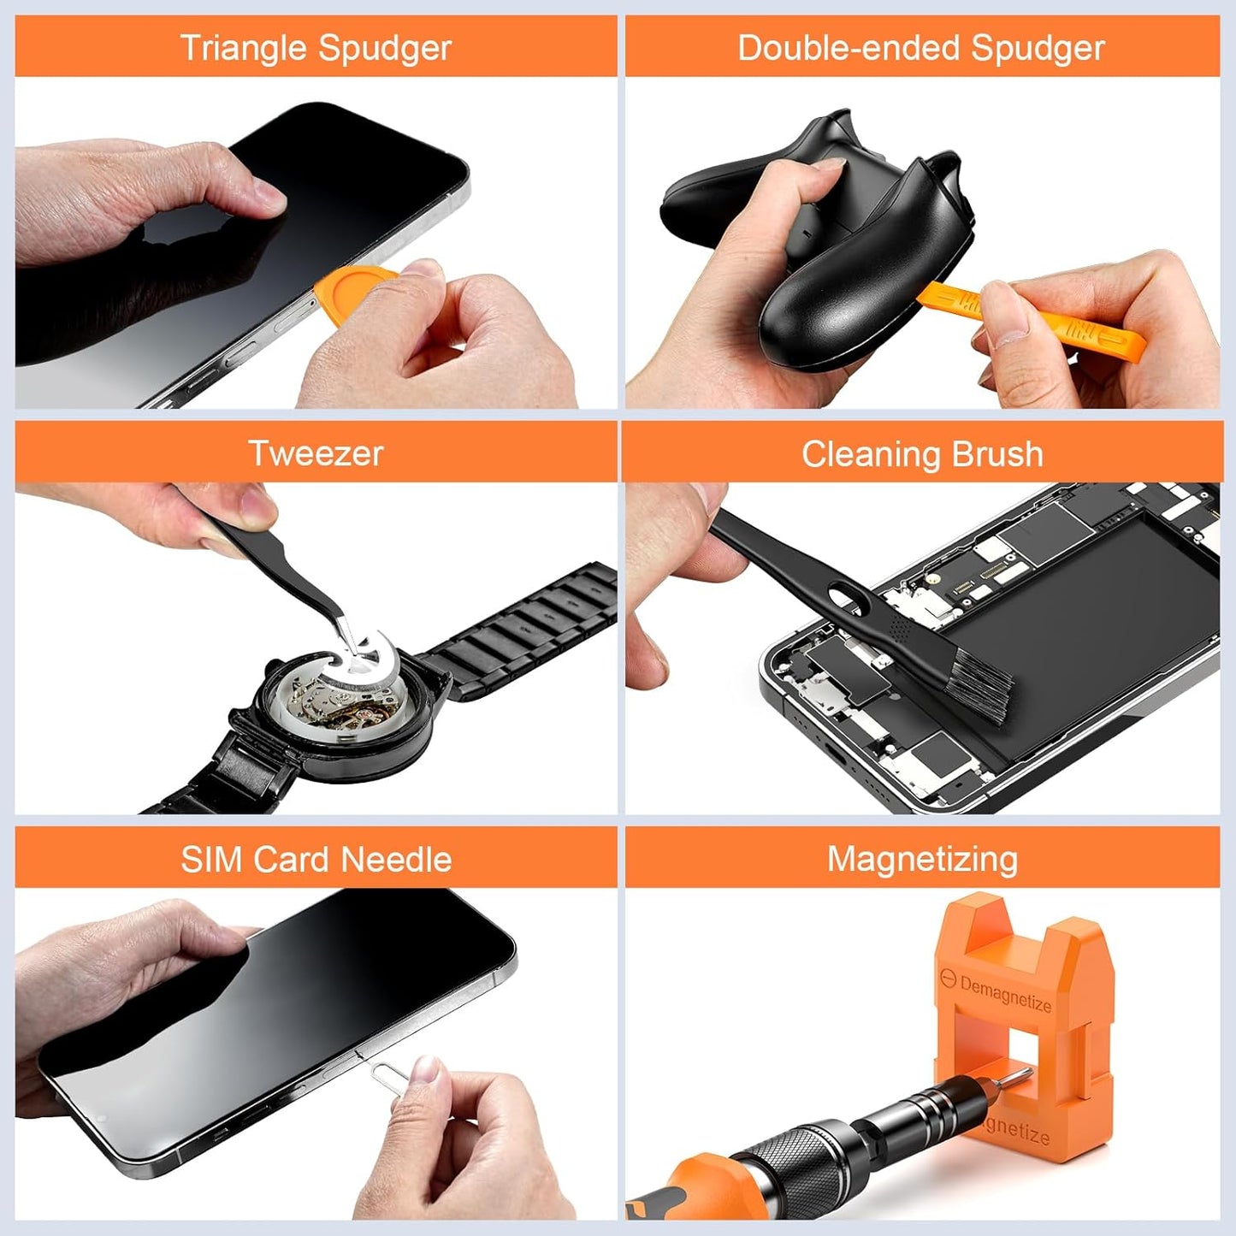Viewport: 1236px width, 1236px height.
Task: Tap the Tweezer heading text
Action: pos(316,453)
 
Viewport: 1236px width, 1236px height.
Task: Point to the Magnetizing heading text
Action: pos(922,859)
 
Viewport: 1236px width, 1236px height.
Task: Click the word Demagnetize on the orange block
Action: pos(1005,994)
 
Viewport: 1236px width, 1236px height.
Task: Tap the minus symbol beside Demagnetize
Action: pos(947,978)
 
